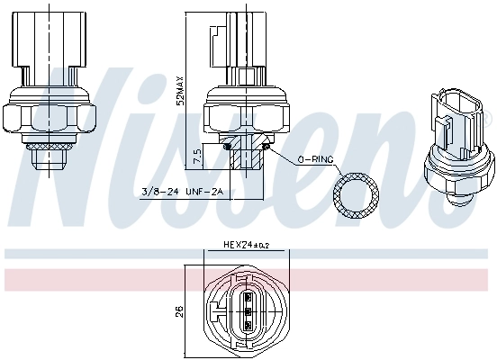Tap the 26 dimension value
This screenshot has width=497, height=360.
(179, 311)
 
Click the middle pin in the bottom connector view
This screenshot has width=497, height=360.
(248, 311)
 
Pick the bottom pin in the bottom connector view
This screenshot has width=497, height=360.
(248, 325)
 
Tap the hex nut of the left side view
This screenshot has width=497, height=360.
(50, 116)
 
